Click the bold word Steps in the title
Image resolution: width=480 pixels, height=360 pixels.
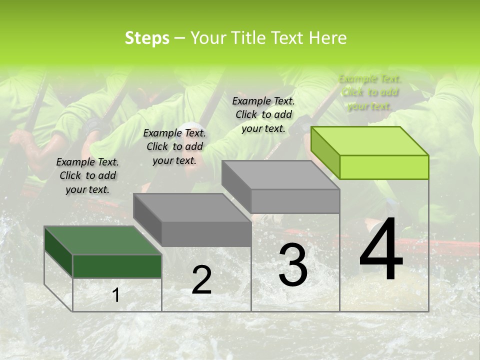click(x=147, y=38)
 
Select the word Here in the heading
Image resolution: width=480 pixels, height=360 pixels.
click(x=328, y=38)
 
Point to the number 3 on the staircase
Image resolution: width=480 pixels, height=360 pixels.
click(x=292, y=265)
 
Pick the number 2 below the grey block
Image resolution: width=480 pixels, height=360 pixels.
click(x=201, y=280)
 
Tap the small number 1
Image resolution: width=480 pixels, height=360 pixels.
click(x=115, y=295)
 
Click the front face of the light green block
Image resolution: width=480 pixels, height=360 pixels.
click(x=384, y=167)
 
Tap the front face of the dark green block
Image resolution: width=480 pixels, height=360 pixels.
click(x=117, y=266)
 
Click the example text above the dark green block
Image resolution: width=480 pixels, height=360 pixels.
click(x=87, y=175)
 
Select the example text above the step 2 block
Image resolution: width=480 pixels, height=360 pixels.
click(x=174, y=146)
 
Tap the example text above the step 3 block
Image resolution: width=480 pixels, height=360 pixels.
click(x=263, y=114)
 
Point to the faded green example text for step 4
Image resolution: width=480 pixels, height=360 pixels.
click(x=370, y=92)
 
